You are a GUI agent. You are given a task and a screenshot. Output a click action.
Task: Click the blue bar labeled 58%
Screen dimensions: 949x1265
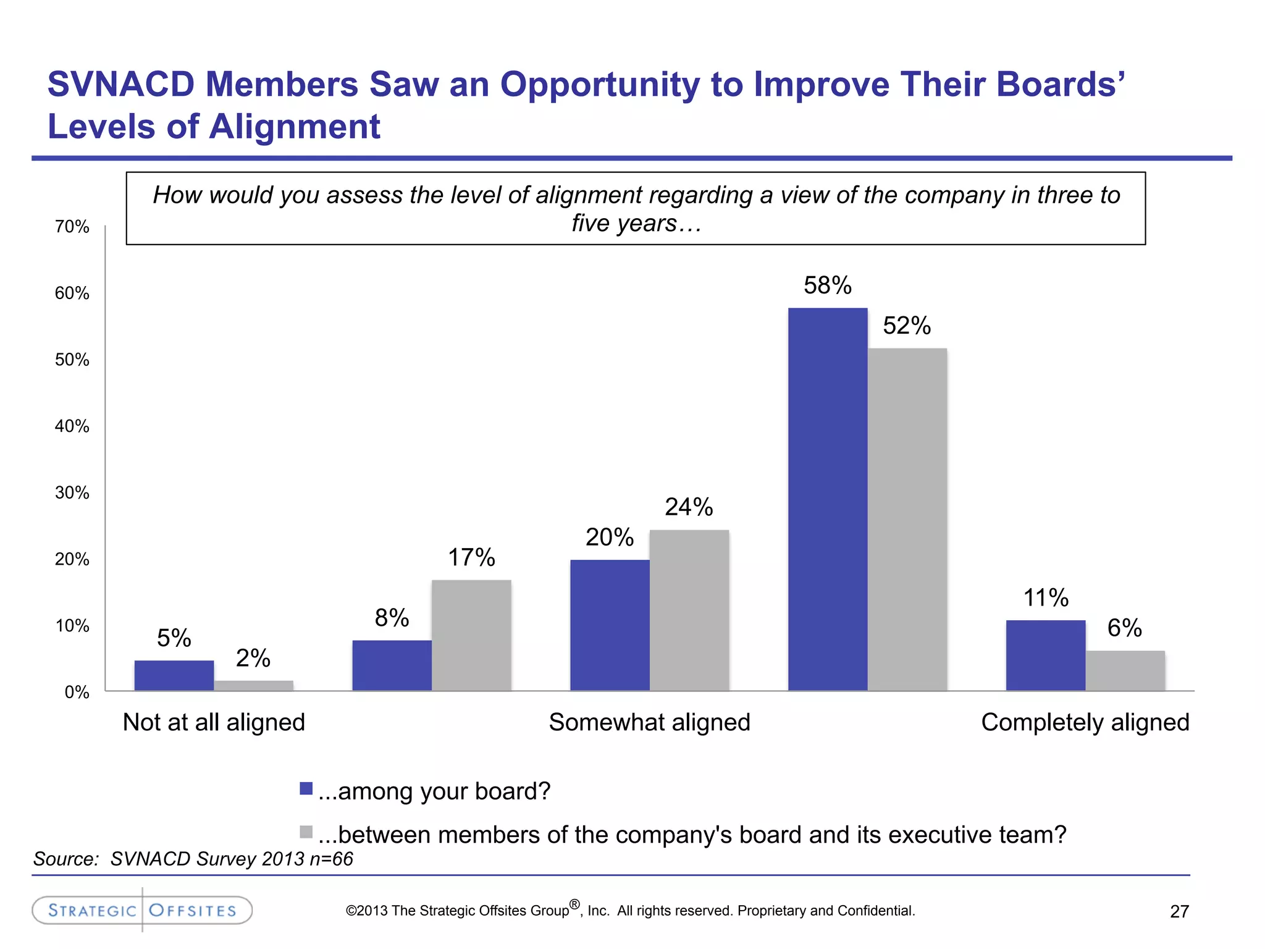828,499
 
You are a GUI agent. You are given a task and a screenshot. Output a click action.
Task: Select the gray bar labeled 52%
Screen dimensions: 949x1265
907,519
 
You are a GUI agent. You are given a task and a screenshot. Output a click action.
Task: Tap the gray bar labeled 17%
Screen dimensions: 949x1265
471,635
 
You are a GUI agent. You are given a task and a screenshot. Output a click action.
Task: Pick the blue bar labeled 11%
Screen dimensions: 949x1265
1045,655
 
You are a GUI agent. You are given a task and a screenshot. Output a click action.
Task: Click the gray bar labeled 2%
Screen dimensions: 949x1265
253,685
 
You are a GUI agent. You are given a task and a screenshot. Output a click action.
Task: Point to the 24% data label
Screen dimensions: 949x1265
689,507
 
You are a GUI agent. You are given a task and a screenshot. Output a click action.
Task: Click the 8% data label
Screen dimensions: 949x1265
392,618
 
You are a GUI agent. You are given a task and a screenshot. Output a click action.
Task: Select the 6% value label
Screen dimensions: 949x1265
1124,628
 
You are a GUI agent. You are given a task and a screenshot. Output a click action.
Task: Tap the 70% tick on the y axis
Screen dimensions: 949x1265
72,227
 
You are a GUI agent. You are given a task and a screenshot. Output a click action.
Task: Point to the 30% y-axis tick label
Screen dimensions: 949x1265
72,493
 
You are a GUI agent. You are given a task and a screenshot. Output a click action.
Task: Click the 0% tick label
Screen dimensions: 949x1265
77,693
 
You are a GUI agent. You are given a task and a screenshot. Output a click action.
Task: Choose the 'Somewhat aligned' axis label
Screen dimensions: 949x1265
649,722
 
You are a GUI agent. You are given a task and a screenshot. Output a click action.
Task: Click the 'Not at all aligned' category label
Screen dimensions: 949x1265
214,722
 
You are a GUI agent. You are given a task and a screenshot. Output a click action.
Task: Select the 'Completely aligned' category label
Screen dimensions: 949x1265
1085,722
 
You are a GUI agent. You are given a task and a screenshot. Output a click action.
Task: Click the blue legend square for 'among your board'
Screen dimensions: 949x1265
306,788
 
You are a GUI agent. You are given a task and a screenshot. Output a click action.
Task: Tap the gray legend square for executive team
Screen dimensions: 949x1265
306,832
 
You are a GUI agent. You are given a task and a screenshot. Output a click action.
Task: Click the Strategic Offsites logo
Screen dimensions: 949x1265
142,910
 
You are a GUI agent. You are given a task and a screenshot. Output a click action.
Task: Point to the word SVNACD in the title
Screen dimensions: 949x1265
120,84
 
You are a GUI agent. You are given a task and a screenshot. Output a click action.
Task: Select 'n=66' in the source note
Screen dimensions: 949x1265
332,859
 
